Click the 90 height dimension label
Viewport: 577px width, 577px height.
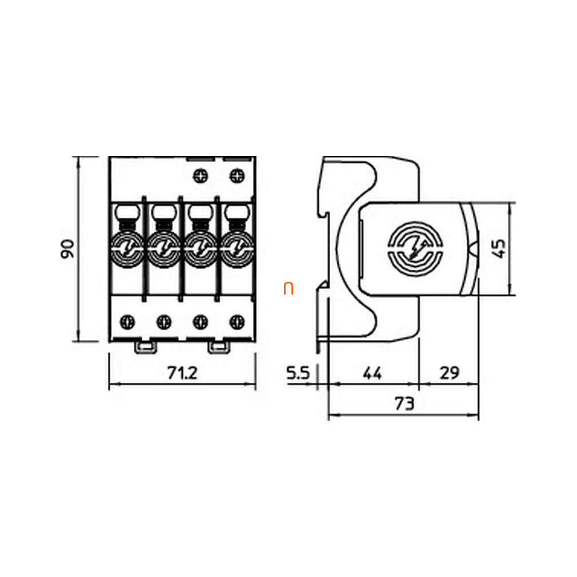click(68, 249)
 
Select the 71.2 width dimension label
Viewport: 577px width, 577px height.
click(182, 373)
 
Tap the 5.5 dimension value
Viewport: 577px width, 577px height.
click(298, 373)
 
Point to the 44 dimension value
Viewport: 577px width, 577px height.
click(372, 373)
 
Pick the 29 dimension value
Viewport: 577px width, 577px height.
click(450, 373)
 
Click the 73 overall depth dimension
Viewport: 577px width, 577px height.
click(404, 404)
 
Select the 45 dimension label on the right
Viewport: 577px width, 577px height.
click(499, 249)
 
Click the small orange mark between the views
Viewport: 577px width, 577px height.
click(288, 289)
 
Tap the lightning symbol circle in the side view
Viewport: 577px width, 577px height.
click(415, 250)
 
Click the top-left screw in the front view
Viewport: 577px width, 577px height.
click(201, 176)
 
